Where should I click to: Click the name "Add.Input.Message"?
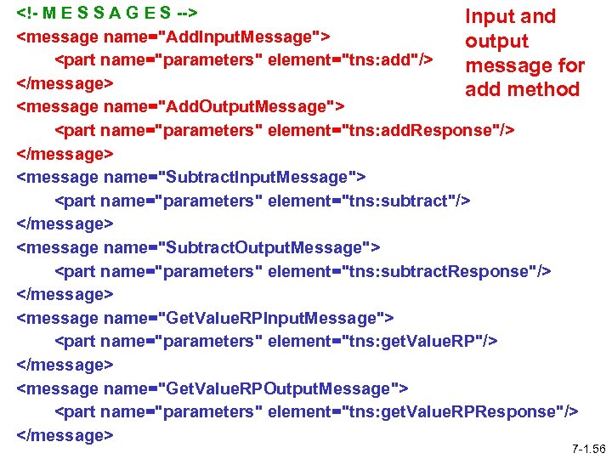239,37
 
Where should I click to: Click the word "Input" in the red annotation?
488,17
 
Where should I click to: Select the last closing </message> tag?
65,435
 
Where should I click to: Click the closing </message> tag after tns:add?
65,84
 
